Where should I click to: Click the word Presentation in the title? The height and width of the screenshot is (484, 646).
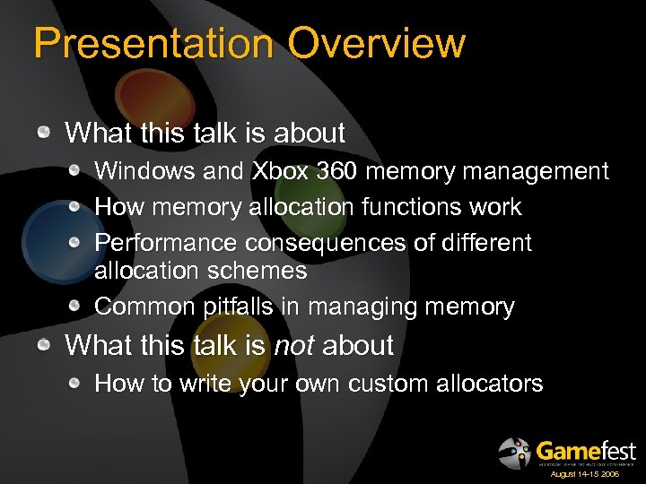pyautogui.click(x=147, y=43)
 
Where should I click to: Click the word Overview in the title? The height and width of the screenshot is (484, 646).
pyautogui.click(x=371, y=43)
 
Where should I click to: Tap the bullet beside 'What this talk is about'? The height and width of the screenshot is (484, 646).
pyautogui.click(x=44, y=134)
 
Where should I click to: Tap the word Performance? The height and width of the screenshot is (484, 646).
pyautogui.click(x=165, y=243)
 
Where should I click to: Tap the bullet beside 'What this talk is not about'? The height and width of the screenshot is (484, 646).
pyautogui.click(x=44, y=346)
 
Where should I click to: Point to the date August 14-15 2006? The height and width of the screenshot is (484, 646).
pyautogui.click(x=585, y=473)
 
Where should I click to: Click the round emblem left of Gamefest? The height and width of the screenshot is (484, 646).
pyautogui.click(x=515, y=452)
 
